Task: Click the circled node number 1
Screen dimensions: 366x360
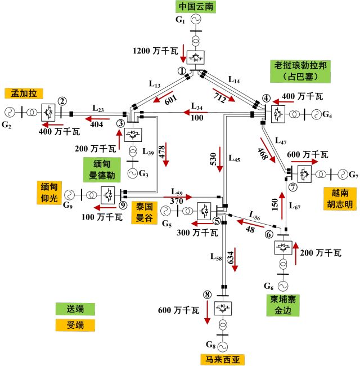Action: coord(182,71)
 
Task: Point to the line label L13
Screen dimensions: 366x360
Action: coord(155,84)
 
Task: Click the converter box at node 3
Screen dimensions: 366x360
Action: coord(133,135)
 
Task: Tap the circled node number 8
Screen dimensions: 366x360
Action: coord(207,294)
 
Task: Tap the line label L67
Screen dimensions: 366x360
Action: coord(295,207)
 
